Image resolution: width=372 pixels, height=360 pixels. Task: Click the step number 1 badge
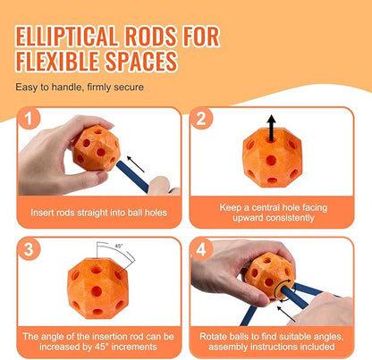point(29,119)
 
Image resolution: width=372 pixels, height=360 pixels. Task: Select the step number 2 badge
point(201,119)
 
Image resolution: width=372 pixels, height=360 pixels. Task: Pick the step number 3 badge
point(29,249)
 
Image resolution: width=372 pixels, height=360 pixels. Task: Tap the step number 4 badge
point(201,249)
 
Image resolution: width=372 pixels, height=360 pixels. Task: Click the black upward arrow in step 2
point(271,128)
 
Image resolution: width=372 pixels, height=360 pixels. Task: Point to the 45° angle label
point(119,247)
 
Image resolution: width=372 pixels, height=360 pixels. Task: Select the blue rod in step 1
point(132,178)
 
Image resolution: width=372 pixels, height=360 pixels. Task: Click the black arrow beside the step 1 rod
point(136,164)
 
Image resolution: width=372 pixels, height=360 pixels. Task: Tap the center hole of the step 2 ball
point(271,160)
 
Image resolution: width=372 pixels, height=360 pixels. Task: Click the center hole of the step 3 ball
point(97,291)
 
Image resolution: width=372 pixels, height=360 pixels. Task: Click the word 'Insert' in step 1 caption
point(39,213)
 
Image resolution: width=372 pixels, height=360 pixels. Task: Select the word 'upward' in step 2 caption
point(248,218)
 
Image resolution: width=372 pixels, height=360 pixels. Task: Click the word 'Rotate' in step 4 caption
point(213,337)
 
